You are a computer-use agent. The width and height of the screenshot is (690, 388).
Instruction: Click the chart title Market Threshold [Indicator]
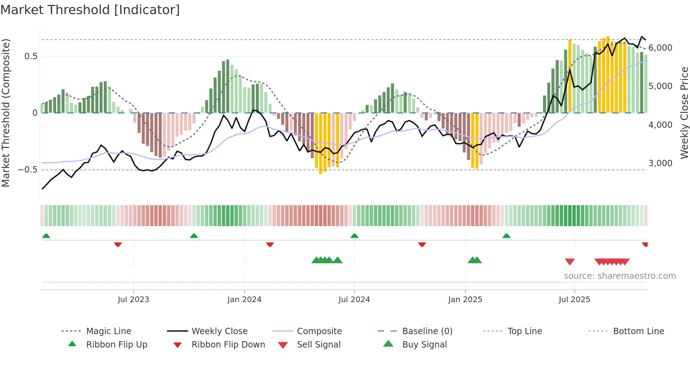click(x=90, y=10)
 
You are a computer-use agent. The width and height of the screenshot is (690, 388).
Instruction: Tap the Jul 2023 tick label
click(x=133, y=300)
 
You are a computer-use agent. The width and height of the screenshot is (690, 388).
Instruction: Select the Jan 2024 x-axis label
click(x=244, y=300)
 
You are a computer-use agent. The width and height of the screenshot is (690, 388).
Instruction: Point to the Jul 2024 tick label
click(x=354, y=300)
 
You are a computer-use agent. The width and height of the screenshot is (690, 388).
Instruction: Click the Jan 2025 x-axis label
click(x=465, y=300)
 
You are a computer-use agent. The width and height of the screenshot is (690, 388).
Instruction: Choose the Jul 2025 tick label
click(x=574, y=300)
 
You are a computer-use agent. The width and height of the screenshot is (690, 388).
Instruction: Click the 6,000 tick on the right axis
click(x=660, y=48)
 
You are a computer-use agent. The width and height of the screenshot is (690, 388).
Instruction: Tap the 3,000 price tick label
click(x=660, y=163)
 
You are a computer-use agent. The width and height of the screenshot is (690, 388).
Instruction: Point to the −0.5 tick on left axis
click(x=28, y=170)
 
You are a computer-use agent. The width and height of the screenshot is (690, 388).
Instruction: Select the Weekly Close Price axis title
click(x=684, y=113)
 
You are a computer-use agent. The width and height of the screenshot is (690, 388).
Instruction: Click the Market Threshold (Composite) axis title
click(x=6, y=113)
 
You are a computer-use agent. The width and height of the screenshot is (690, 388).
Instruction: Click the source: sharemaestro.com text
click(x=620, y=276)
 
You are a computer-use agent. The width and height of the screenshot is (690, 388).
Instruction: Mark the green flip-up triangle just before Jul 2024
click(x=355, y=236)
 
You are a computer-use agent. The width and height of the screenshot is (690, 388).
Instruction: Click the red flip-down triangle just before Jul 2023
click(x=118, y=244)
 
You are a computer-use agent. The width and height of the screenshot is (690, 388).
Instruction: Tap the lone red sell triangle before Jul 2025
click(x=570, y=262)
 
